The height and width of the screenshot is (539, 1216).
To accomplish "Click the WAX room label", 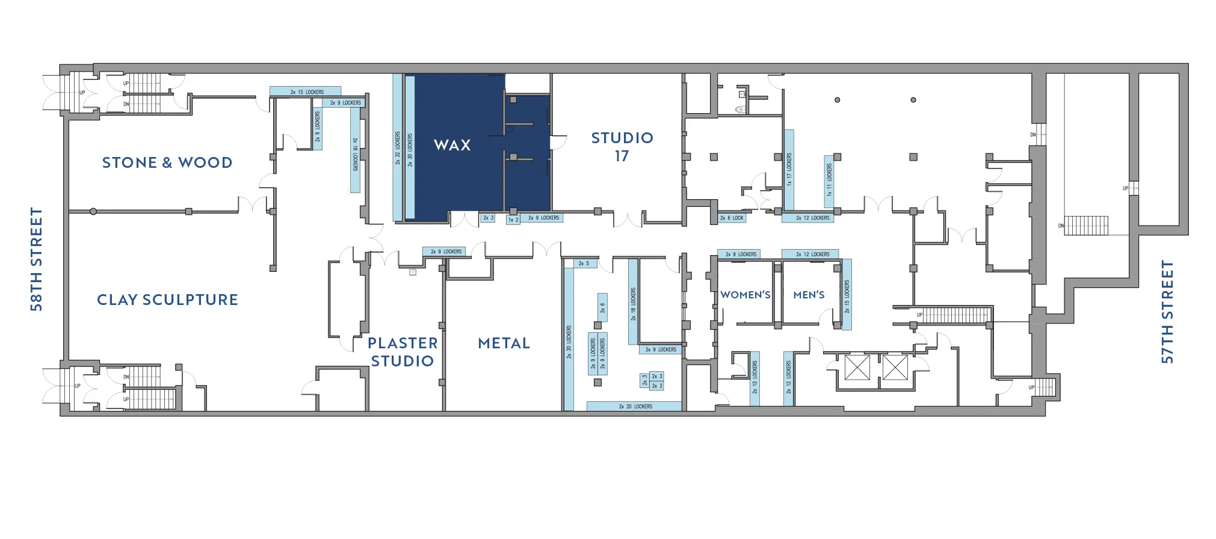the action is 452,145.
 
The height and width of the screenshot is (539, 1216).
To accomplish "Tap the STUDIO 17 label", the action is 622,147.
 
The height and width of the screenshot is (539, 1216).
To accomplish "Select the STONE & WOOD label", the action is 167,162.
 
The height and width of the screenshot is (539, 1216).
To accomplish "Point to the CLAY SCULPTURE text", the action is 167,300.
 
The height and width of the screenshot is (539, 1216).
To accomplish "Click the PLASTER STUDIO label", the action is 403,352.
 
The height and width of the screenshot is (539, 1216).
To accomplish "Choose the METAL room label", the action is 504,343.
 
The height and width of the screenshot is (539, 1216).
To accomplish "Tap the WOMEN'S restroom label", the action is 745,295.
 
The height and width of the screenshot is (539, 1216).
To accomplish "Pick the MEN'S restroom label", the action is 809,295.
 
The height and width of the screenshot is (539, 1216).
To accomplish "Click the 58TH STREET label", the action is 37,259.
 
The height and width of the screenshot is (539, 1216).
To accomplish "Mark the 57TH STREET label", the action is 1167,312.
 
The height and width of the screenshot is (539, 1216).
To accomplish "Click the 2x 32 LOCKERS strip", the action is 397,148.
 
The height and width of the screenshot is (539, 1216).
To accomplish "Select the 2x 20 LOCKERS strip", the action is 635,407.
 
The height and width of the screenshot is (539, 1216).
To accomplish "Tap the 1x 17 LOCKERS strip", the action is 789,170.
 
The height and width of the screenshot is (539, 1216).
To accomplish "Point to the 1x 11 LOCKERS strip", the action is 829,180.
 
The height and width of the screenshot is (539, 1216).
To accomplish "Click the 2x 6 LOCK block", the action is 732,218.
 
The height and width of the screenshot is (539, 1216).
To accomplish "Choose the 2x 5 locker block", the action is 584,263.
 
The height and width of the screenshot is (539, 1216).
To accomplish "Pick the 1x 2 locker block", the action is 513,220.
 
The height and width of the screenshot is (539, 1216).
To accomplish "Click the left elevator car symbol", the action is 857,368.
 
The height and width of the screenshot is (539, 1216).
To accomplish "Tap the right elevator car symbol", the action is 895,368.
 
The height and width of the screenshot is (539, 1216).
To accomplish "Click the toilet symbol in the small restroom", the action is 741,109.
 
